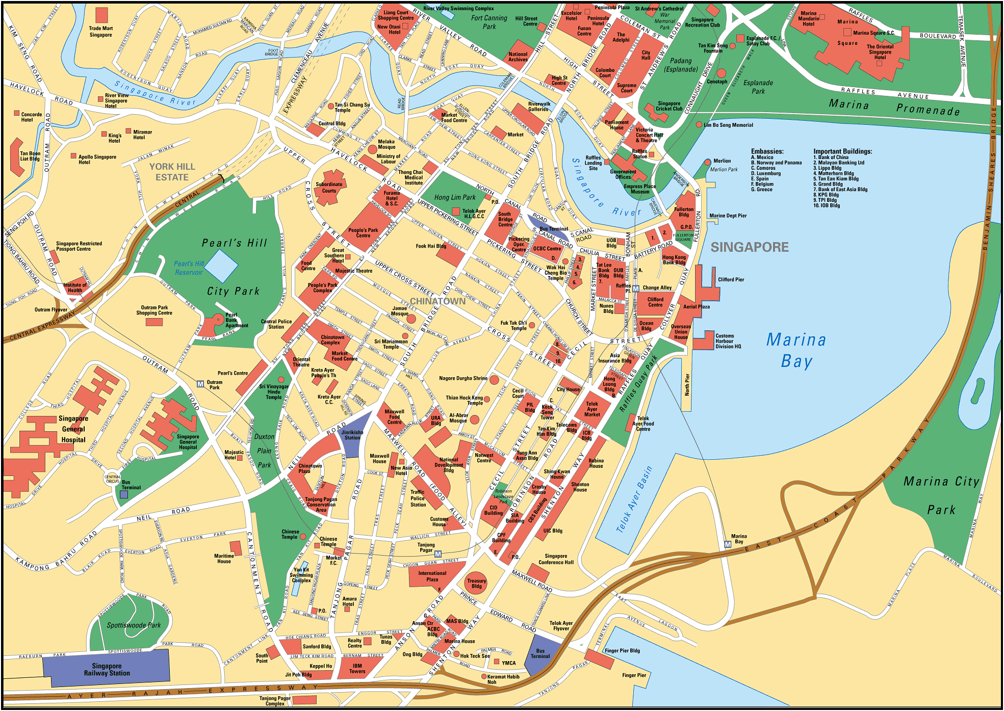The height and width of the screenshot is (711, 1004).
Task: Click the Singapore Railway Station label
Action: click(107, 669)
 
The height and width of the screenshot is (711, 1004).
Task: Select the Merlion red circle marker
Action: click(707, 162)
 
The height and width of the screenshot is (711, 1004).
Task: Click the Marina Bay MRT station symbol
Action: click(728, 545)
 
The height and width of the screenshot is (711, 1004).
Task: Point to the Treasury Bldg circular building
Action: click(476, 583)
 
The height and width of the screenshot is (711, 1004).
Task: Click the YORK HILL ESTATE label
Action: click(172, 172)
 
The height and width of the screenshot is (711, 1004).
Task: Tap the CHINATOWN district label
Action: click(437, 301)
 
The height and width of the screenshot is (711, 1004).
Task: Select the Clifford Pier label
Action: click(731, 279)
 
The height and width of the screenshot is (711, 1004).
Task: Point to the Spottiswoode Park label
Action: click(134, 625)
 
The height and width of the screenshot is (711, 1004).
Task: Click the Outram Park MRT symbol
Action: click(200, 384)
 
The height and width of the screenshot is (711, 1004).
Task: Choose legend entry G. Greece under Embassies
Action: click(761, 190)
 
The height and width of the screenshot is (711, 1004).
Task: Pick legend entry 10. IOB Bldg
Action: click(826, 205)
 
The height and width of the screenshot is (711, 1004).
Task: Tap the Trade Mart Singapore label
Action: click(100, 32)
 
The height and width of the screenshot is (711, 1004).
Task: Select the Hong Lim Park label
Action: click(455, 197)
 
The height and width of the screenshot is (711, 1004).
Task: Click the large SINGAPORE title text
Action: click(749, 247)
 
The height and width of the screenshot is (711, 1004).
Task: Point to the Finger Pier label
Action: click(634, 675)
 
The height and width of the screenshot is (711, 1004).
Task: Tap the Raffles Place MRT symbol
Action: click(635, 289)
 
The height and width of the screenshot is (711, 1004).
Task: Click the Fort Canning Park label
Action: click(489, 22)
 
